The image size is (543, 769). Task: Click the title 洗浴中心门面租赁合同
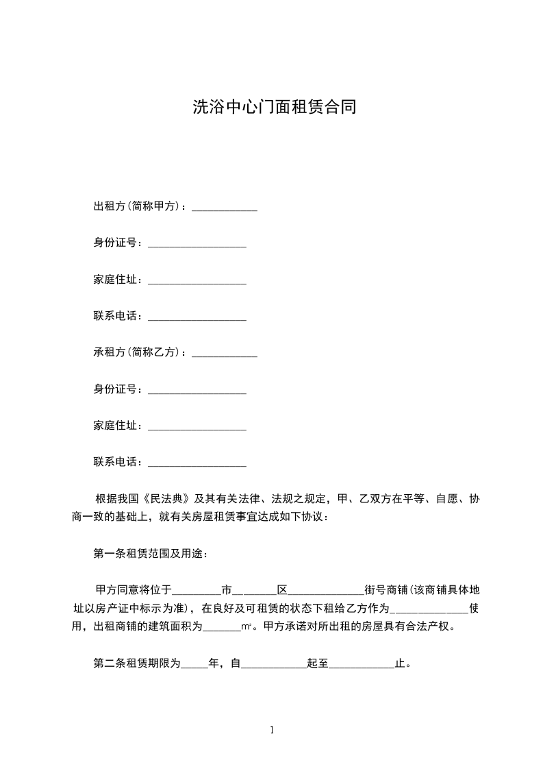point(273,108)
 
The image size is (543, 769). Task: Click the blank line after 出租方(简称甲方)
point(225,208)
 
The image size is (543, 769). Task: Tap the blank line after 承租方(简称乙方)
point(225,353)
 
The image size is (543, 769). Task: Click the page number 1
point(272,730)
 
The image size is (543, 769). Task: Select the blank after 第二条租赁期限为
point(194,663)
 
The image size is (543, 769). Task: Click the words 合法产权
point(425,626)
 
